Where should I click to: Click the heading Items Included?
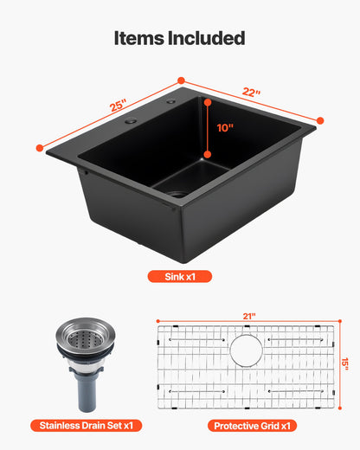[179, 38]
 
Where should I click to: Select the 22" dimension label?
[253, 93]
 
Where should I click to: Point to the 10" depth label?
[225, 126]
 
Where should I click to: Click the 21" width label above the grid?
[250, 317]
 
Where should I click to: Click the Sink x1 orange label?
[181, 277]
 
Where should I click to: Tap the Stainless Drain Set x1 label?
[85, 426]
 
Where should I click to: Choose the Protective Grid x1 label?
[251, 426]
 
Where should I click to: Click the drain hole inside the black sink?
[177, 194]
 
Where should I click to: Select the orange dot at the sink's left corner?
[40, 148]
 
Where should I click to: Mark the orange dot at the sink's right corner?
[320, 120]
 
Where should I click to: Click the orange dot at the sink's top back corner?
[182, 80]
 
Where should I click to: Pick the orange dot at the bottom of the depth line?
[207, 156]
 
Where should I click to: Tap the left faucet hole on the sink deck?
[131, 122]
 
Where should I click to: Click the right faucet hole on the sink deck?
[170, 103]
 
